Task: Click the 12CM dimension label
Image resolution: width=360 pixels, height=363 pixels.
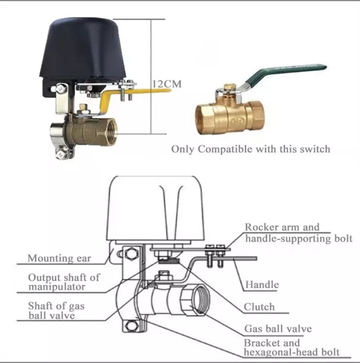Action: [x=167, y=83]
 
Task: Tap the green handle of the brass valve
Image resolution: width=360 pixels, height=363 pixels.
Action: [x=286, y=74]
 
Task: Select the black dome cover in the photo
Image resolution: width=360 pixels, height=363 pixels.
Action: [x=83, y=49]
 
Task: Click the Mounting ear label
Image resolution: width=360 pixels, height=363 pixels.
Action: [x=59, y=258]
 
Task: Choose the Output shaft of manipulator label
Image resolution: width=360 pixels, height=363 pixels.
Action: [x=64, y=282]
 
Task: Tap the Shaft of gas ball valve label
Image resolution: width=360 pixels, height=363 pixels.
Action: [x=56, y=311]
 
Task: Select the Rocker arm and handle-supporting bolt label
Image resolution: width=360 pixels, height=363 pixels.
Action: [x=299, y=233]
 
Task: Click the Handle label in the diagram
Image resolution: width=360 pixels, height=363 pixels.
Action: [x=262, y=284]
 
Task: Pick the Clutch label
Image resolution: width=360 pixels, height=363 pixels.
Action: [x=259, y=307]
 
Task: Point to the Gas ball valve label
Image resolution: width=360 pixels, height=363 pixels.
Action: [x=278, y=329]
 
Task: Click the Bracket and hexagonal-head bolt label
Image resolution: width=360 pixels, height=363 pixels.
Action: [x=291, y=347]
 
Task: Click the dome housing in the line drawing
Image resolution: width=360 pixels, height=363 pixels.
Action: [x=155, y=208]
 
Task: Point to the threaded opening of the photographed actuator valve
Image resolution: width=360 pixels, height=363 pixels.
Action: [x=111, y=132]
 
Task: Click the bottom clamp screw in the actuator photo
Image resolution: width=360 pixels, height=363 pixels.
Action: [x=61, y=155]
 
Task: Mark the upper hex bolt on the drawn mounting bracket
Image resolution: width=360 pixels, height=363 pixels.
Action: [x=131, y=254]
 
